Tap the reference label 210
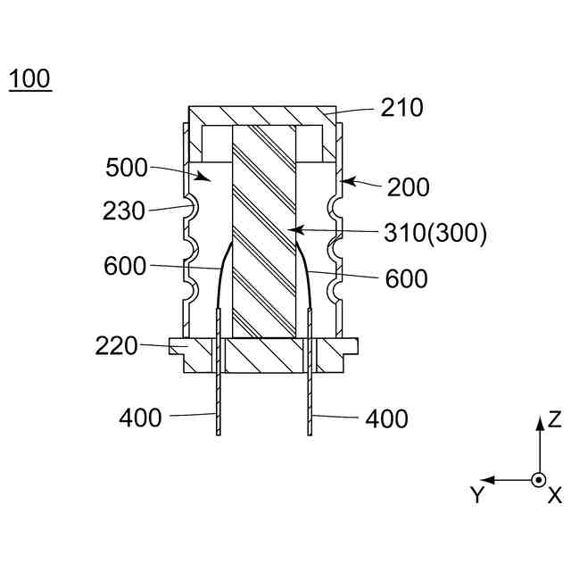point(401,108)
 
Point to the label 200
point(408,187)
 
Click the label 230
point(124,212)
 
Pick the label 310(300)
point(434,234)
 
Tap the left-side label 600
point(126,265)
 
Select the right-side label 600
point(406,278)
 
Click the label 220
point(117,344)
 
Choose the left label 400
point(141,417)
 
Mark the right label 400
point(386,418)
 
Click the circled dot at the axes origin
point(538,480)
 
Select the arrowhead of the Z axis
point(538,423)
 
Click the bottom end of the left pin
point(219,434)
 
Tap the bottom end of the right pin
point(310,434)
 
